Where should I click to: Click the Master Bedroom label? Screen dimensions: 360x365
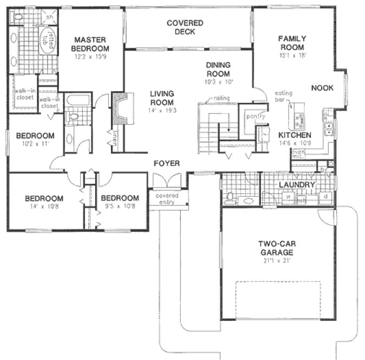[93, 44]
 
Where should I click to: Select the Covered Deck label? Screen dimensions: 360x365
[185, 27]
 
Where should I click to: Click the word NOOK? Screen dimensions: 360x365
[322, 88]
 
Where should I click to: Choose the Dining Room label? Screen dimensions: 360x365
[218, 70]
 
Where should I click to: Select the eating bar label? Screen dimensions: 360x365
[283, 97]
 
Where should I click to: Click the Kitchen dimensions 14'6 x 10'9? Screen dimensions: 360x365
[295, 144]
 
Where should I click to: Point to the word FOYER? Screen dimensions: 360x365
[167, 163]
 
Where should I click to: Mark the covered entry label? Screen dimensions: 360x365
[167, 199]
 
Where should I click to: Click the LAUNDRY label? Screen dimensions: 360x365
[297, 185]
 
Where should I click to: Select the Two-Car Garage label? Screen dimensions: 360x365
[276, 248]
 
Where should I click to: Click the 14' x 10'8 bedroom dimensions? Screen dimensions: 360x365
[44, 207]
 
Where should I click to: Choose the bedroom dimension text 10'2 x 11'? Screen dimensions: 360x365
[34, 144]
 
